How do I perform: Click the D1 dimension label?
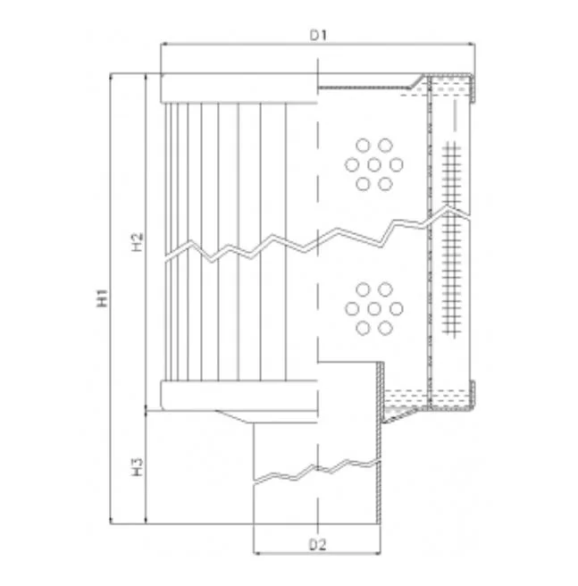point(318,35)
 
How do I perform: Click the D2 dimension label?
point(318,545)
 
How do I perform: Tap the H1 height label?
point(102,297)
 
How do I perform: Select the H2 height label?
point(138,242)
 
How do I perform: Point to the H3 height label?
point(138,467)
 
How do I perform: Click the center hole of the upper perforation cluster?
point(373,164)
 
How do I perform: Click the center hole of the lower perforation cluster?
point(373,309)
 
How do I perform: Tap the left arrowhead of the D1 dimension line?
point(163,44)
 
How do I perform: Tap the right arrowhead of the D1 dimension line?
point(472,44)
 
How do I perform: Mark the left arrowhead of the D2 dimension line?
point(256,553)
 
